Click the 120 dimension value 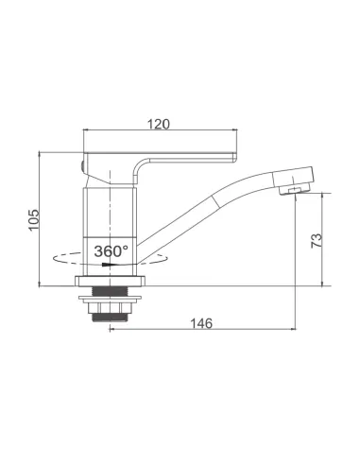(159, 124)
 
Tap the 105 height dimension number (34, 220)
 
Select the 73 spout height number (317, 240)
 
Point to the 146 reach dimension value (201, 323)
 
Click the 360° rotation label (111, 251)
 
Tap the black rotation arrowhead (109, 265)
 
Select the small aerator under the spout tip (295, 190)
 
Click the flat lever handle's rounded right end (234, 157)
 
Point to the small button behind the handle (82, 165)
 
